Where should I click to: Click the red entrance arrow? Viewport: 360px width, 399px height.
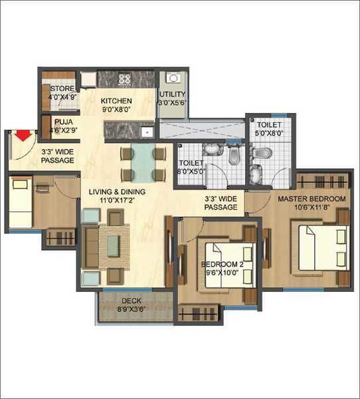coord(23,136)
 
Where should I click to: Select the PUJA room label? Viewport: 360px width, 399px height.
coord(64,122)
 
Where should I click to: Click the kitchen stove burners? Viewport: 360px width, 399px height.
coord(124,79)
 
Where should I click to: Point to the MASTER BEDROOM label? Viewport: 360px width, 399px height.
coord(312,199)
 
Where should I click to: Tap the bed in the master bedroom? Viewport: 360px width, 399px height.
coord(321,247)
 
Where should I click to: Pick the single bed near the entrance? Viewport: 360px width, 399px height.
coord(21,203)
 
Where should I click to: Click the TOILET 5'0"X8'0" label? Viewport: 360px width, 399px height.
coord(269,124)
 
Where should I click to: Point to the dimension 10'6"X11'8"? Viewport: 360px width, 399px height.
coord(312,207)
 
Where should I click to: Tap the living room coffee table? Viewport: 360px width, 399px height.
coord(114,243)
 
